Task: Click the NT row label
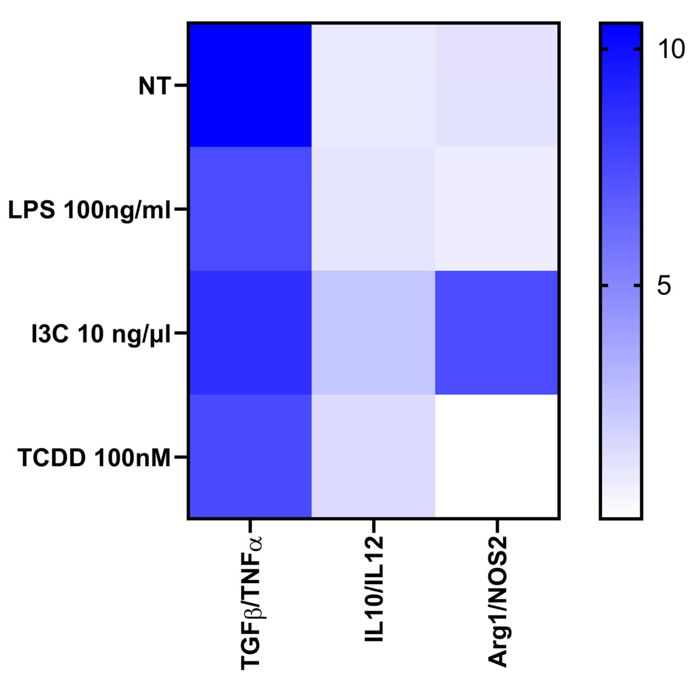(x=154, y=86)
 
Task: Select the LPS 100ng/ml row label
(x=89, y=210)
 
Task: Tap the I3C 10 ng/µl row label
(x=101, y=334)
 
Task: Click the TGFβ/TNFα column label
(x=251, y=602)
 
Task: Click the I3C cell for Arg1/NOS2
(x=497, y=333)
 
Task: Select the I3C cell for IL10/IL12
(x=373, y=333)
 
